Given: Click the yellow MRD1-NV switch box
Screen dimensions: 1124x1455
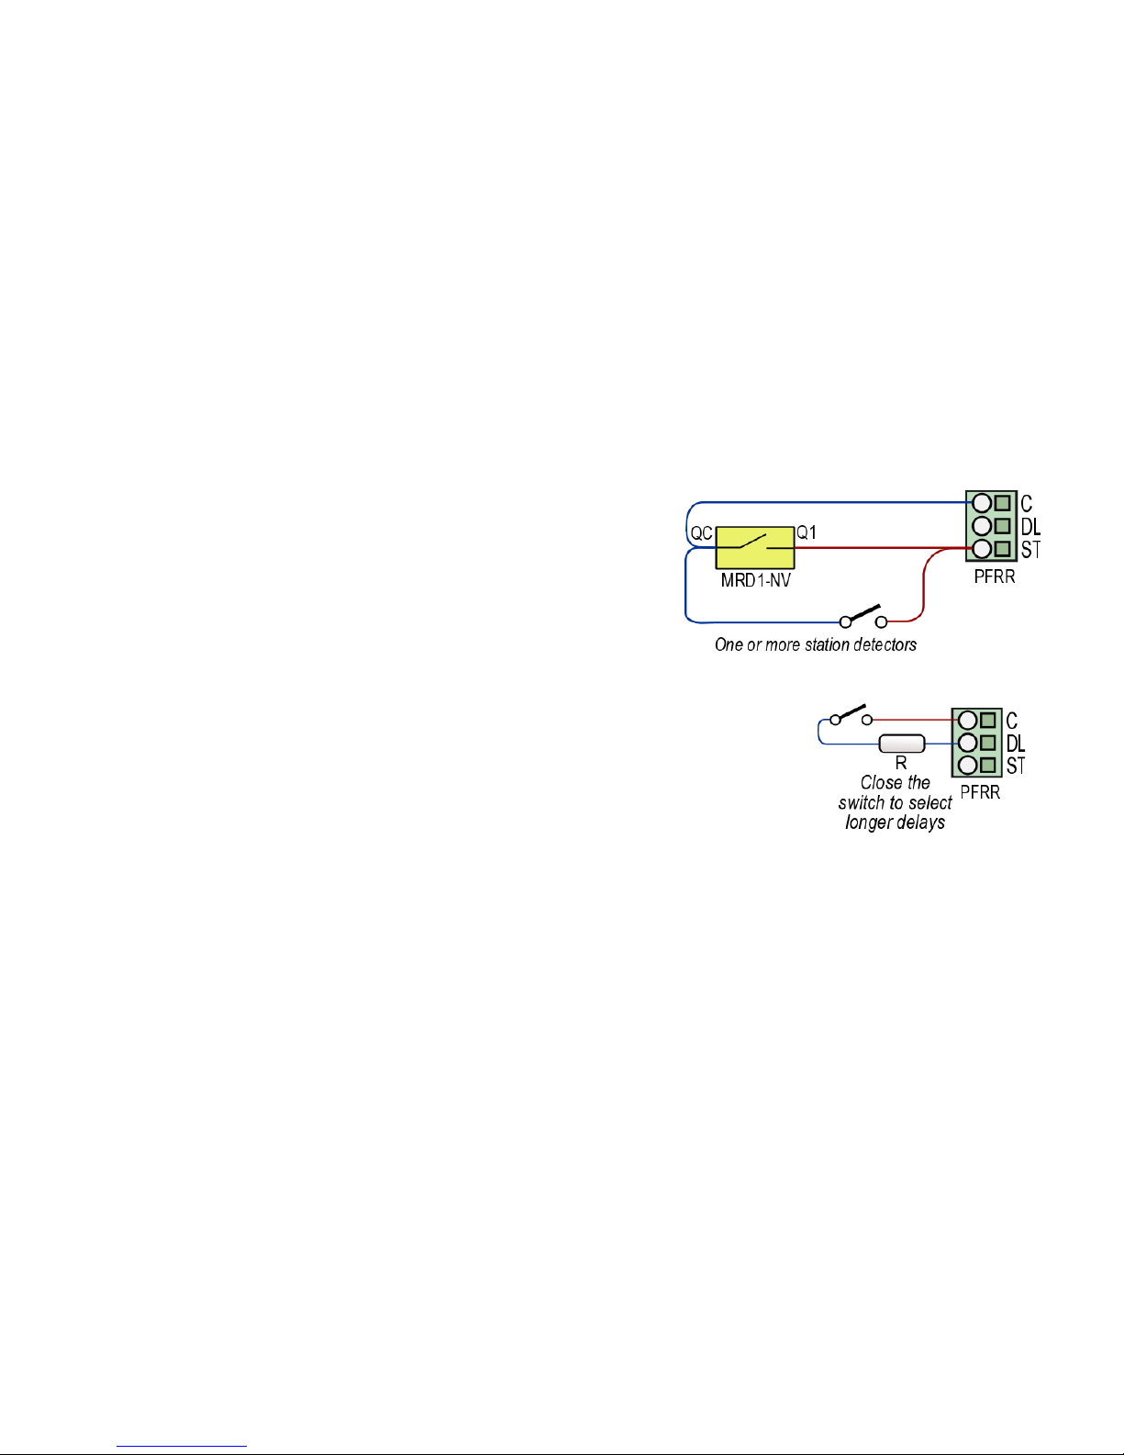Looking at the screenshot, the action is pos(754,548).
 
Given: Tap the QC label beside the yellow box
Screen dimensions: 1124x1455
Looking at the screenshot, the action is pos(701,533).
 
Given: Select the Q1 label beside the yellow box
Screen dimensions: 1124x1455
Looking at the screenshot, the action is pos(807,532).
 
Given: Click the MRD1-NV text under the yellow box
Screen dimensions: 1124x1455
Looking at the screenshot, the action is pos(755,580).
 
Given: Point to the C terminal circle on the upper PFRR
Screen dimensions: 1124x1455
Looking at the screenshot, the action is pos(982,503).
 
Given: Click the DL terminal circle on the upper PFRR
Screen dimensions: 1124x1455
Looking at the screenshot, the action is pos(982,526).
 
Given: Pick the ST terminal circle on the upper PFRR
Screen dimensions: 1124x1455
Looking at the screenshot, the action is pos(982,549).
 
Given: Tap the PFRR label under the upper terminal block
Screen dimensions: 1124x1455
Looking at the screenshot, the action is pos(995,577).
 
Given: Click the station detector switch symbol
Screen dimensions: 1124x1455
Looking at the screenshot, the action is pos(863,616).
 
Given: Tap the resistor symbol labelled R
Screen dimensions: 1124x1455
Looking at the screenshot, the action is pos(901,744).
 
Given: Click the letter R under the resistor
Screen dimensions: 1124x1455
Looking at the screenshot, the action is pos(901,763).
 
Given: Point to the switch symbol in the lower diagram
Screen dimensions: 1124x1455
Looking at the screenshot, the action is pos(851,714).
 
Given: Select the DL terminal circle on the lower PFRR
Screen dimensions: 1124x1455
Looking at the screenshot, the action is pos(967,743).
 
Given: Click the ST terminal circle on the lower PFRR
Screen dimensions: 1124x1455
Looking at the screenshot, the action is pos(967,765).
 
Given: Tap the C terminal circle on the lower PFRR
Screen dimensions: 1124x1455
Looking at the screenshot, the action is pos(967,721).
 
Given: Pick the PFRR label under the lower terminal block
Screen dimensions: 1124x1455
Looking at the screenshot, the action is pos(980,792).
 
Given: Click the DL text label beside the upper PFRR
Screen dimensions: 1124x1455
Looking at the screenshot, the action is pos(1030,527).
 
